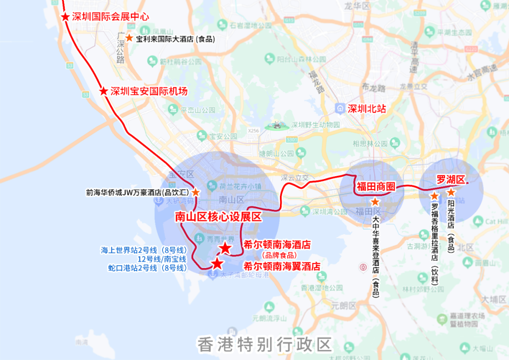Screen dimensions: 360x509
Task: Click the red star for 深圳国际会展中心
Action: pyautogui.click(x=65, y=17)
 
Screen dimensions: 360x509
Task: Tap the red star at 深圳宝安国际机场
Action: pyautogui.click(x=104, y=91)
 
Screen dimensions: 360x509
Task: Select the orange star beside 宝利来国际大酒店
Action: pyautogui.click(x=129, y=38)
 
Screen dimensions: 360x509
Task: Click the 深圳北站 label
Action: pyautogui.click(x=366, y=109)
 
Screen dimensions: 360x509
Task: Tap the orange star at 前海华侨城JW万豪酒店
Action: pyautogui.click(x=195, y=193)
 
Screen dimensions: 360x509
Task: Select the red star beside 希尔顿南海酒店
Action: pyautogui.click(x=226, y=248)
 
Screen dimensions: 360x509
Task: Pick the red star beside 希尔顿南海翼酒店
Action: pyautogui.click(x=217, y=264)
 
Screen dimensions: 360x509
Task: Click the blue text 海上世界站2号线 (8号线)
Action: pyautogui.click(x=144, y=250)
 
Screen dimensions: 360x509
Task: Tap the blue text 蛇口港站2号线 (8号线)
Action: pyautogui.click(x=148, y=268)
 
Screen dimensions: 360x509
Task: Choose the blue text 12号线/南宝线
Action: pyautogui.click(x=162, y=259)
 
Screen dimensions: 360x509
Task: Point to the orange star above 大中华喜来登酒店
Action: pyautogui.click(x=375, y=202)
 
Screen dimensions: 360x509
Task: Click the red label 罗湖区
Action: pyautogui.click(x=451, y=180)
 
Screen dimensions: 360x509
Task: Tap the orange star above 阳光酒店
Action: pyautogui.click(x=451, y=193)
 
